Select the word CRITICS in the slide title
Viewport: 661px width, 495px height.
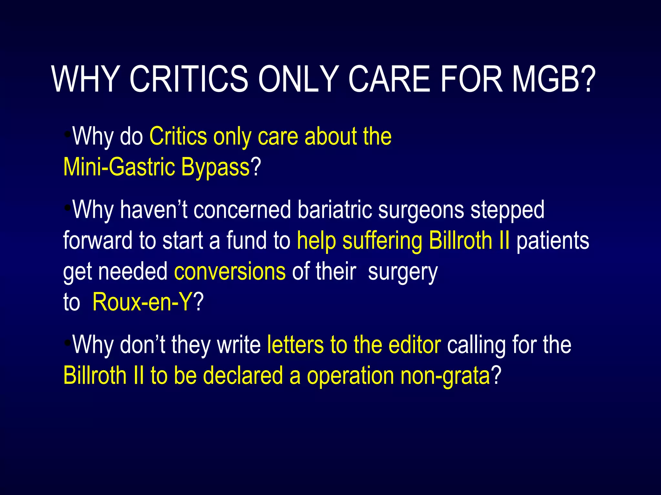[x=189, y=79]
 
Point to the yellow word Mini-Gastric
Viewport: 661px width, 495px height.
[x=118, y=167]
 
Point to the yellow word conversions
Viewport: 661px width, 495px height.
[x=230, y=271]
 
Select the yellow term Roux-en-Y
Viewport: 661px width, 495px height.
[x=142, y=302]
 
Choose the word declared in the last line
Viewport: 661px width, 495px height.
[x=243, y=376]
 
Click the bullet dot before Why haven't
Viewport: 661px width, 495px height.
[x=67, y=208]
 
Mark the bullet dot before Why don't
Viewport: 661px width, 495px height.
[x=67, y=343]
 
